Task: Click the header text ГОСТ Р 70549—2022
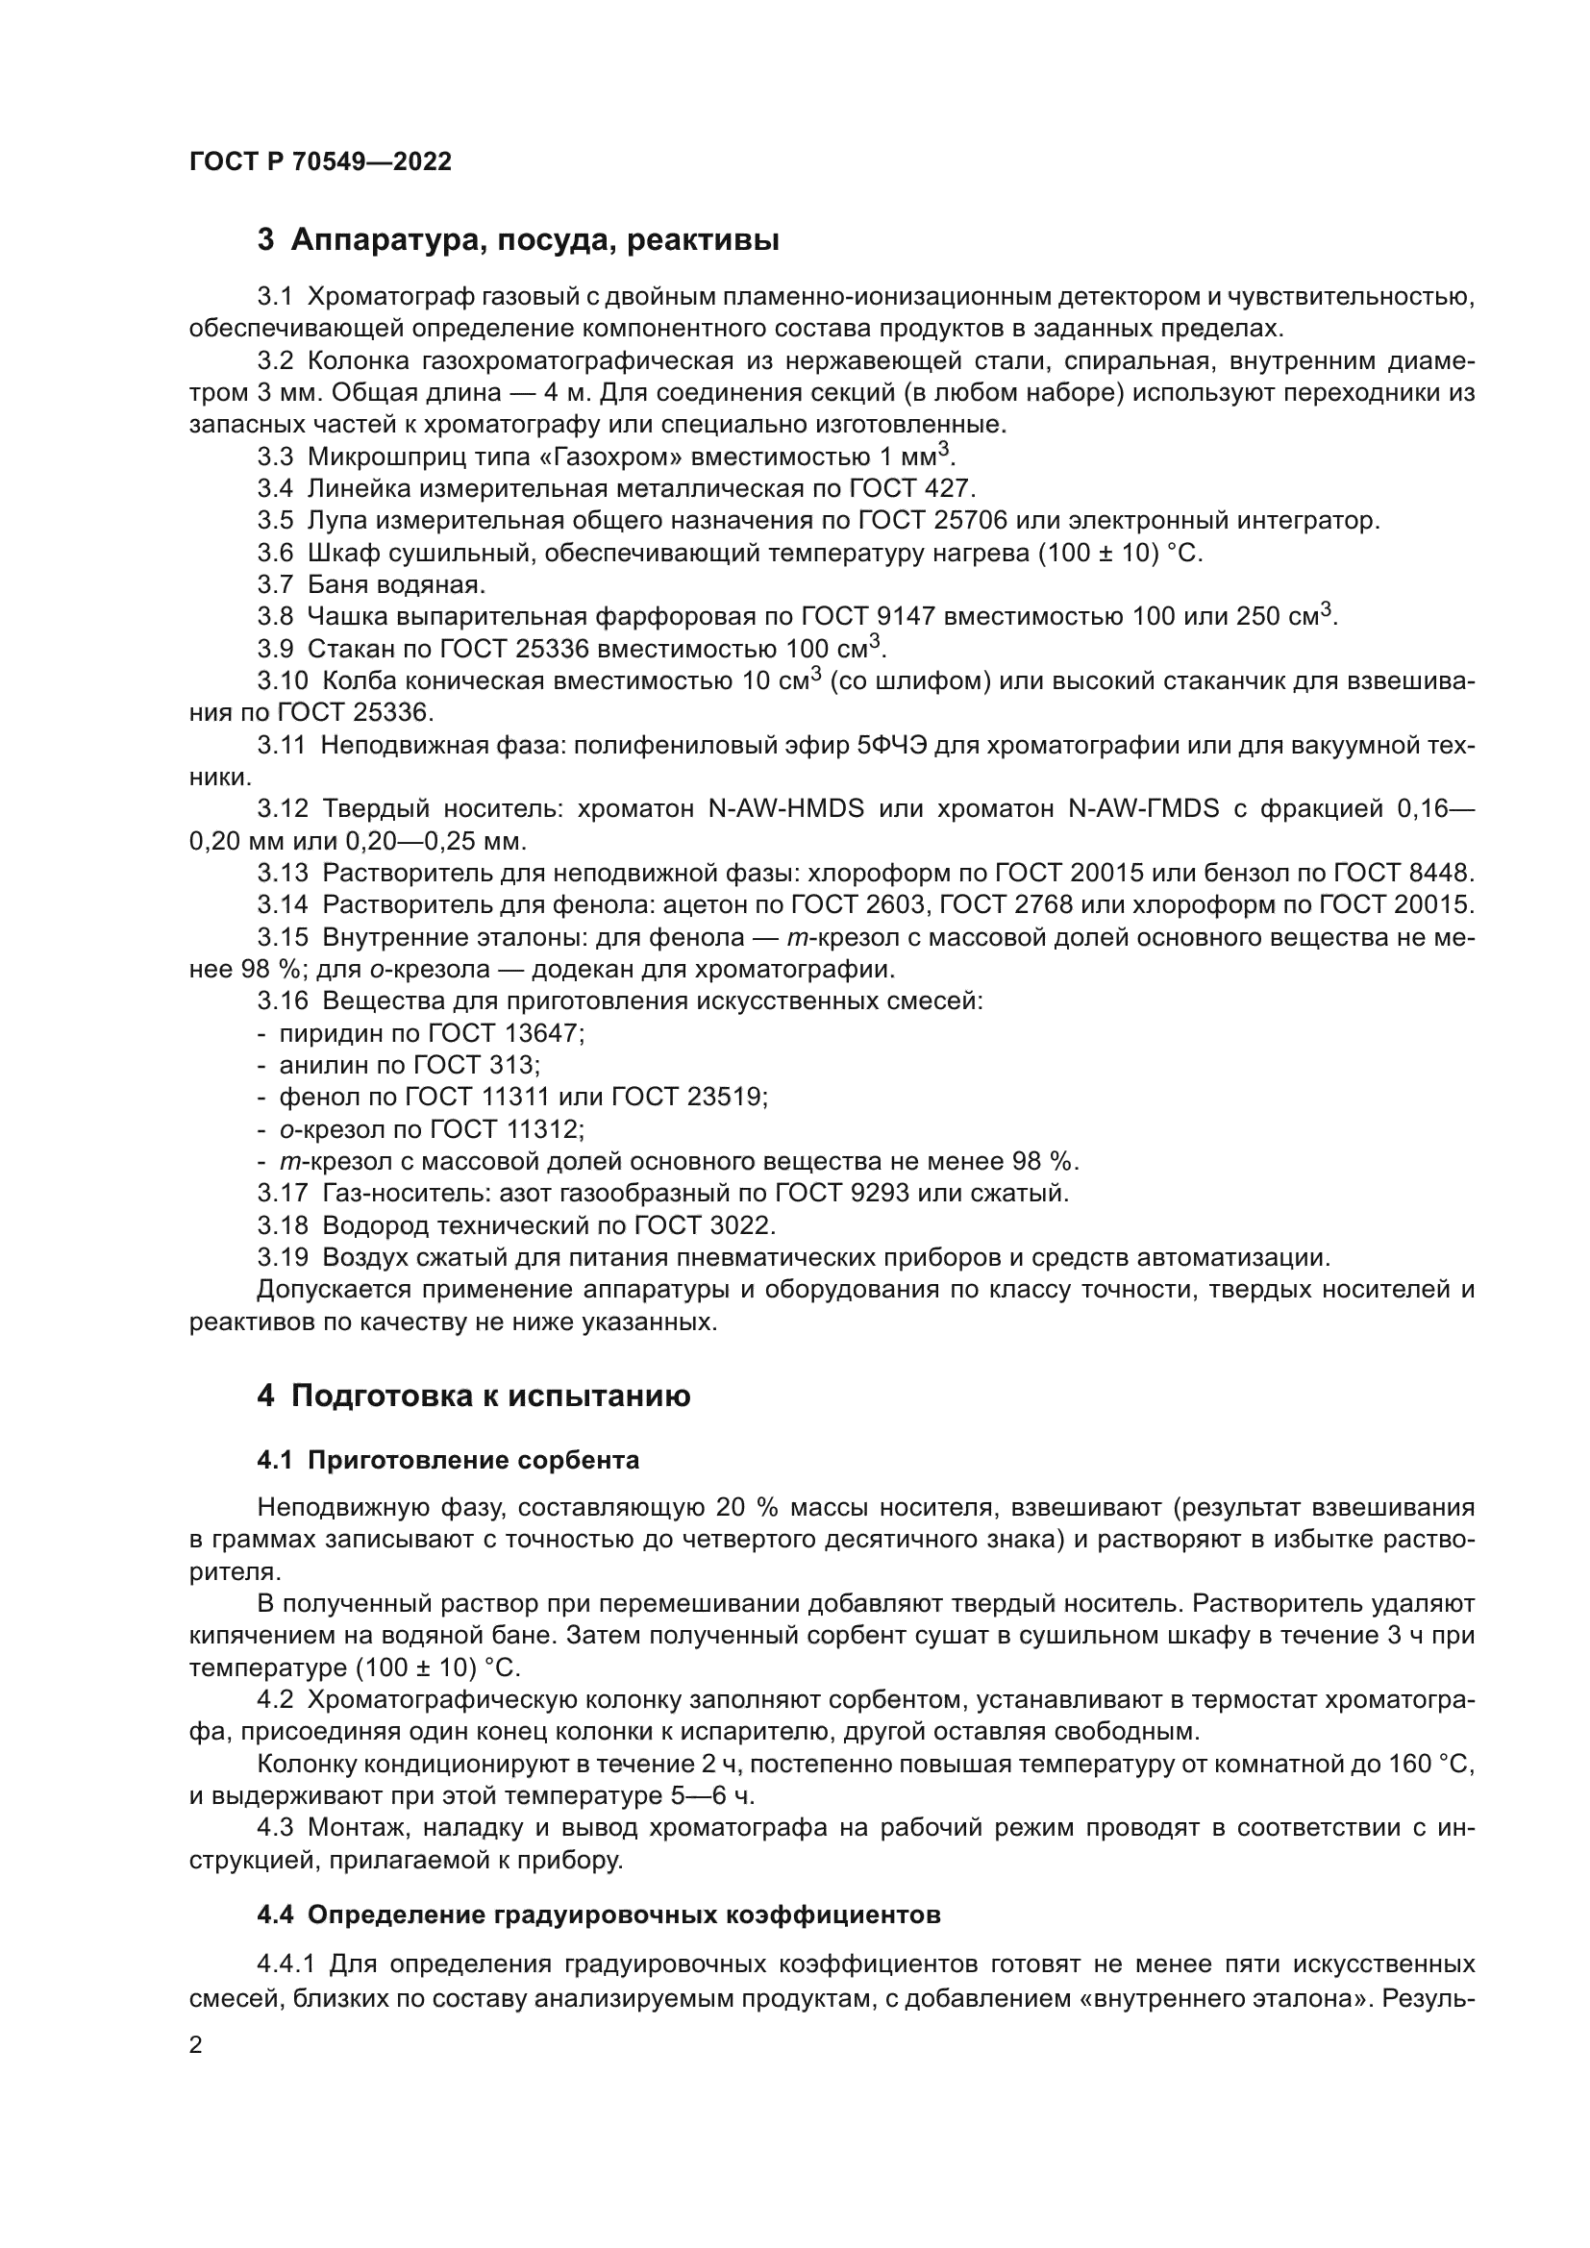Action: pos(320,162)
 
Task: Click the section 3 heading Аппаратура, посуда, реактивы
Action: pos(518,240)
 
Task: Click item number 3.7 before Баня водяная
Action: pos(275,584)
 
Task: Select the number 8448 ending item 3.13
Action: pos(1437,874)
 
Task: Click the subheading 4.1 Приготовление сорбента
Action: pos(447,1461)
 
